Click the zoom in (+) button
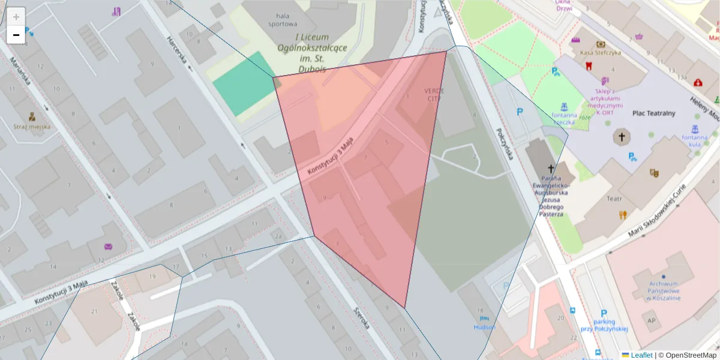tap(16, 16)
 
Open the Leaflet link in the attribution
tap(641, 355)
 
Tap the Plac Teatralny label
tap(653, 113)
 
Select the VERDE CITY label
tap(435, 94)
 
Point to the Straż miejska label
tap(32, 127)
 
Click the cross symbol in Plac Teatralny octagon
tap(622, 137)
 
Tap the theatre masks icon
tap(654, 173)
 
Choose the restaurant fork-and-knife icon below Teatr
tap(623, 214)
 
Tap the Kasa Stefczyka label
tap(601, 52)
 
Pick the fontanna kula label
tap(695, 140)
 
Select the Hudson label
tap(484, 327)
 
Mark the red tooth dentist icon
tap(589, 65)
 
